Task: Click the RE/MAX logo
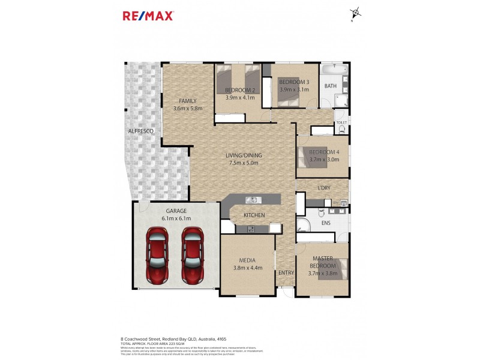tap(148, 16)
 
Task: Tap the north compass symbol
tap(356, 12)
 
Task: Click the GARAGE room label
tap(176, 211)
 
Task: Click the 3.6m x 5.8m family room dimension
tap(188, 109)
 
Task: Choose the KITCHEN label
tap(255, 215)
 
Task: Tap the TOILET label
tap(341, 123)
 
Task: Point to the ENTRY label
tap(286, 273)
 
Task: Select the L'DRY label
tap(324, 188)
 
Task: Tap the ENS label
tap(326, 223)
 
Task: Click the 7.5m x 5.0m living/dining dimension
tap(244, 162)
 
